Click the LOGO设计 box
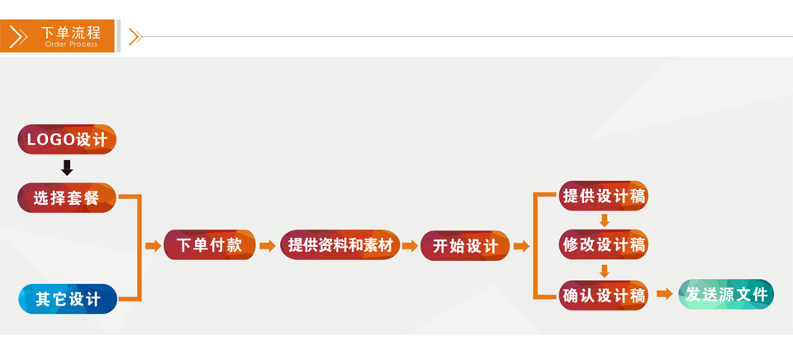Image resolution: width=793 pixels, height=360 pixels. coord(67,140)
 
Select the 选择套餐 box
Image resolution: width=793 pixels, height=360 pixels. coord(67,198)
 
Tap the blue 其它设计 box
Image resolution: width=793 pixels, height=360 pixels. coord(67,299)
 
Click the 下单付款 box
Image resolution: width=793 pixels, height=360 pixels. coord(210,245)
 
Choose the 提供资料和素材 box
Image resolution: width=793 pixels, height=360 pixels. coord(340,245)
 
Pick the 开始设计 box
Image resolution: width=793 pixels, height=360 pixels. coord(465,246)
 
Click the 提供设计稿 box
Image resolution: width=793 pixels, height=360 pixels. coord(603,197)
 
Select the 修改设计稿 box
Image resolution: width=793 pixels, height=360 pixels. coord(603,245)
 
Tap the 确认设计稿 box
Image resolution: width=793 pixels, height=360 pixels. coord(603,295)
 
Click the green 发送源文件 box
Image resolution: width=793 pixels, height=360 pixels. coord(726,294)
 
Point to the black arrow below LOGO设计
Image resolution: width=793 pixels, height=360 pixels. coord(67,168)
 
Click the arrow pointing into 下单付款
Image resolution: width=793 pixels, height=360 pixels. coord(153,246)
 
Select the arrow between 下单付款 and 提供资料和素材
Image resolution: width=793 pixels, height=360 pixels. coord(267,246)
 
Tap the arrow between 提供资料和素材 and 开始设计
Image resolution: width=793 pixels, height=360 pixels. coord(410,246)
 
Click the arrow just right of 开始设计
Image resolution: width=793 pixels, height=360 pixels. coord(520,246)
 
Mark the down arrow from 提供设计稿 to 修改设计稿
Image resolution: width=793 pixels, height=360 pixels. coord(604,220)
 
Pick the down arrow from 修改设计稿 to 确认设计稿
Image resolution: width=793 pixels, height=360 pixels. coord(604,270)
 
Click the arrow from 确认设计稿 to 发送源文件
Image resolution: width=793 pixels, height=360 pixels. coord(663,294)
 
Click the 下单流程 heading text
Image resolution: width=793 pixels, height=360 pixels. coord(71,32)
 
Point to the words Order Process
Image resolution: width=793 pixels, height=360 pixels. coord(71,44)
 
